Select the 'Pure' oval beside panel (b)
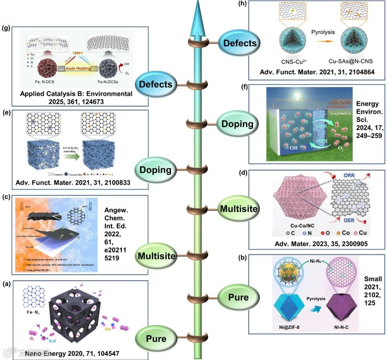point(238,297)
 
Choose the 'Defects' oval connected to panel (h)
point(240,43)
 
